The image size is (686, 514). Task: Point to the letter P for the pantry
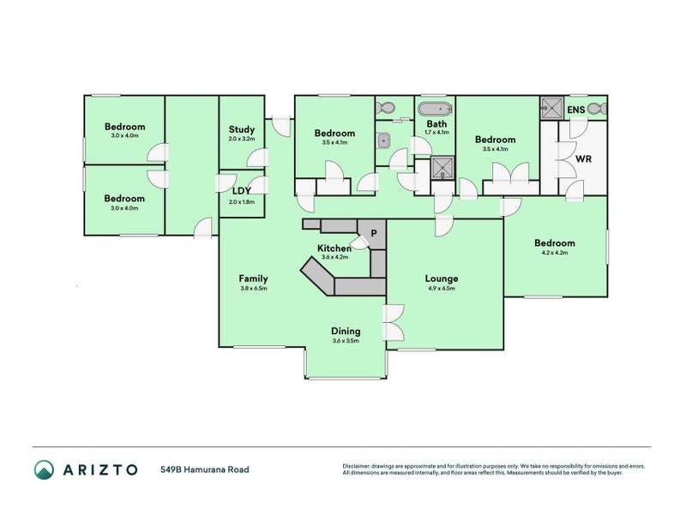coord(373,232)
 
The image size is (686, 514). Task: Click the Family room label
coord(253,278)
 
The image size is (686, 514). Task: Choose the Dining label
coord(346,331)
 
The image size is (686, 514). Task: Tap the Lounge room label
coord(442,278)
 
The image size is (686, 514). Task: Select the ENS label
coord(577,110)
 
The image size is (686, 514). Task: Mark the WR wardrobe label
coord(583,159)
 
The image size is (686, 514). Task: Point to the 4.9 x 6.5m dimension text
coord(442,289)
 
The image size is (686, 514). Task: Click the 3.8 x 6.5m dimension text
coord(253,289)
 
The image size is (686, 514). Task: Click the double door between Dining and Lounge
coord(394,326)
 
